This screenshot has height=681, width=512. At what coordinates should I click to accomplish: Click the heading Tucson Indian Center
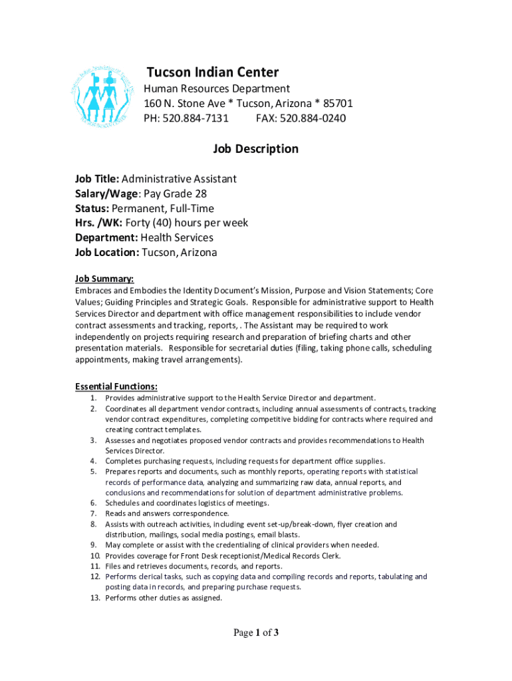click(x=212, y=72)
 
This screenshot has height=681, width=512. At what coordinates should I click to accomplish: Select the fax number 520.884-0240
click(x=313, y=118)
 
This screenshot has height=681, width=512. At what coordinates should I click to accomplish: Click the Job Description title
click(x=255, y=149)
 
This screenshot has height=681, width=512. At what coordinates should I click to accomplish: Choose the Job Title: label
click(x=97, y=179)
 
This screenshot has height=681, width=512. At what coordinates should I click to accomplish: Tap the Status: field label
click(x=96, y=208)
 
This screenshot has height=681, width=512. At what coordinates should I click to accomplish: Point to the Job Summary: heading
click(x=104, y=279)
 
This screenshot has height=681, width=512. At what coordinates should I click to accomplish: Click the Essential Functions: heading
click(x=116, y=386)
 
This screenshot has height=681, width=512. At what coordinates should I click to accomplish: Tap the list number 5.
click(x=94, y=472)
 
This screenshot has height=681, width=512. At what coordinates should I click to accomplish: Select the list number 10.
click(x=94, y=555)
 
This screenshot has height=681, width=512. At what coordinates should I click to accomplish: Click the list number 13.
click(x=94, y=598)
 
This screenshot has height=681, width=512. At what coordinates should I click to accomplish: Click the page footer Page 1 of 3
click(x=255, y=633)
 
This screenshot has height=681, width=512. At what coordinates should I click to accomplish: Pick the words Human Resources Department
click(x=217, y=89)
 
